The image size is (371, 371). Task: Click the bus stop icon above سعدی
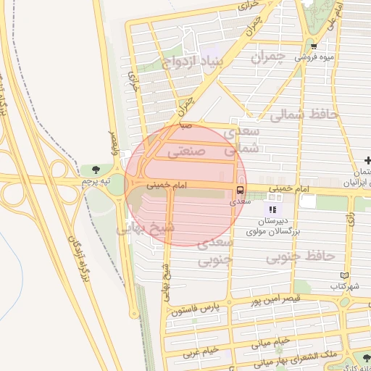(x=238, y=191)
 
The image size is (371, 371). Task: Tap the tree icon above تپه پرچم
(x=96, y=170)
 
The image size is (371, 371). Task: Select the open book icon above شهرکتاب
(x=345, y=276)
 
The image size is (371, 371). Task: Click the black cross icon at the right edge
(x=368, y=160)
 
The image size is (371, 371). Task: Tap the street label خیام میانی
(x=272, y=340)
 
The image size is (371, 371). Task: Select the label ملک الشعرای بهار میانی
(x=288, y=355)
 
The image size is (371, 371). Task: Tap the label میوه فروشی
(x=318, y=56)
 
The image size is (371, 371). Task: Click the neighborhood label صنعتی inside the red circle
(x=187, y=151)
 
